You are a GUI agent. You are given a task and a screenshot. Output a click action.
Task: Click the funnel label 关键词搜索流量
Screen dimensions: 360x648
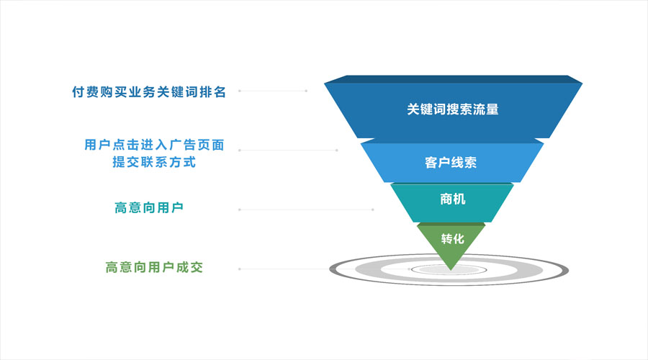pos(452,110)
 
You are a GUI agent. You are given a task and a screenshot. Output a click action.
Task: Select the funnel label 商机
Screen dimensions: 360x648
pos(452,199)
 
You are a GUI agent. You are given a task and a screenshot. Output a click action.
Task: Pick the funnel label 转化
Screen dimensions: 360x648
pos(451,238)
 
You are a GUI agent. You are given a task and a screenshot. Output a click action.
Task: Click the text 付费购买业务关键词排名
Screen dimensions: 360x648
pos(149,92)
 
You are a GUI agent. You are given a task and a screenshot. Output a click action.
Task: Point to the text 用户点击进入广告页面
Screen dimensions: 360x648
pos(154,145)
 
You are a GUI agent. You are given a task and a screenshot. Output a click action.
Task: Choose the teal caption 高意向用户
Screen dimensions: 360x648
pos(149,208)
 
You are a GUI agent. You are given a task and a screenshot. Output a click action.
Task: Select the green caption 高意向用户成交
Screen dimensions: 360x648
pos(154,267)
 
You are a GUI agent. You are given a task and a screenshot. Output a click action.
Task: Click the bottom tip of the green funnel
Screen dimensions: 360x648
pos(451,269)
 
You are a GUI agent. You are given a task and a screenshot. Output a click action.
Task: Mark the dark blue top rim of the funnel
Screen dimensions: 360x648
pos(453,78)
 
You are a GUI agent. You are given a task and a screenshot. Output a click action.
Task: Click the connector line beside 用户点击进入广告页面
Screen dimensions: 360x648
pos(287,150)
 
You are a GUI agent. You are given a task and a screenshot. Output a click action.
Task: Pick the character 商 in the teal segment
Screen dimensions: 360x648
pos(446,199)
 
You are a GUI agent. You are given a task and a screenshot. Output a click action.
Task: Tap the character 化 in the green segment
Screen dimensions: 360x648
pos(458,238)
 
